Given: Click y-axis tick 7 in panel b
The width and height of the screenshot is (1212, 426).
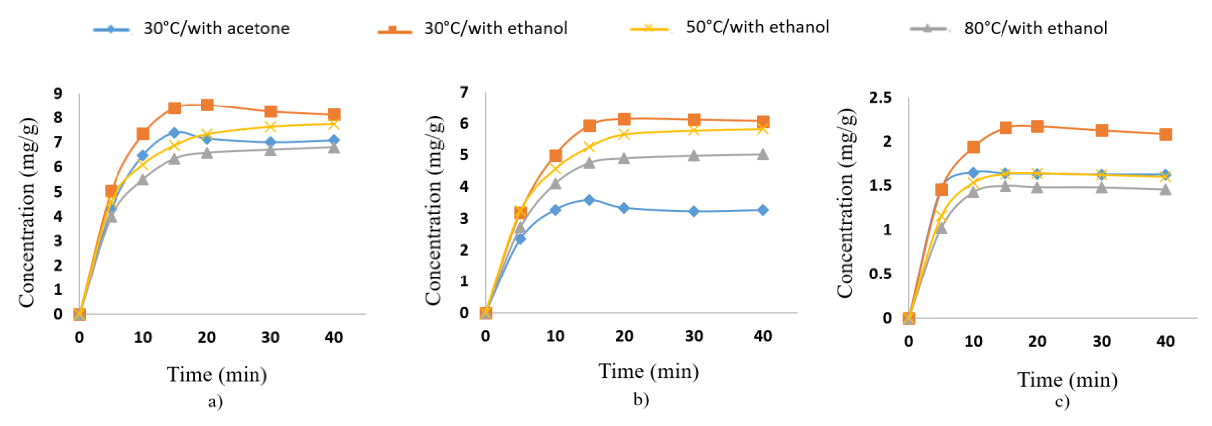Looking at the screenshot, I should (x=464, y=92).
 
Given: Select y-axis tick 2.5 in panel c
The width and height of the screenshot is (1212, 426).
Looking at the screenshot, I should (x=880, y=97).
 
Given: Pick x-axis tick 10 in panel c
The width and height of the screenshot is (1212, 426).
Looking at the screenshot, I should (x=973, y=341).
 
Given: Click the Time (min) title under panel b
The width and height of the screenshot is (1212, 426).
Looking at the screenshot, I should (x=648, y=371).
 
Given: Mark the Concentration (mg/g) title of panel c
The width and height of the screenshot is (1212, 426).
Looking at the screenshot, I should (x=845, y=203).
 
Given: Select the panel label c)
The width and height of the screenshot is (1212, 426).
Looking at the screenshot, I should (x=1062, y=401).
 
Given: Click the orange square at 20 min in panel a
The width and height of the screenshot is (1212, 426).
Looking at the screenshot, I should (x=207, y=105).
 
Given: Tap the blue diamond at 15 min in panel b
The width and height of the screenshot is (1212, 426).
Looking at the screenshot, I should (x=589, y=199).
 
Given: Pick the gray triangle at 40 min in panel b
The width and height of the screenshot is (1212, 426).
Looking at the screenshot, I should (x=763, y=155).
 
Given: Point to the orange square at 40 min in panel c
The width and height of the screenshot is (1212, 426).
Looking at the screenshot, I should (x=1165, y=135).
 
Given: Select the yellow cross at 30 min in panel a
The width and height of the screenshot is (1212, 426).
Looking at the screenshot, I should (x=270, y=127).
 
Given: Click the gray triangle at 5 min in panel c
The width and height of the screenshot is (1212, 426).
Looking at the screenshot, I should (x=941, y=228).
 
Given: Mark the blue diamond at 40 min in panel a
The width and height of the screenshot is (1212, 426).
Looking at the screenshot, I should (x=334, y=140).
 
